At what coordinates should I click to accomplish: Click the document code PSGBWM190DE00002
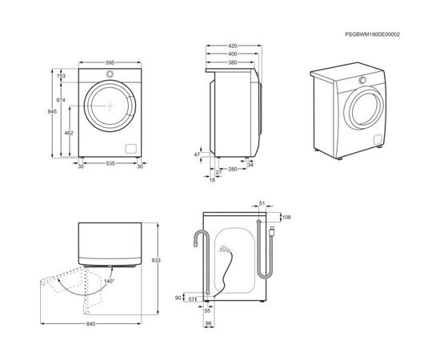point(372,34)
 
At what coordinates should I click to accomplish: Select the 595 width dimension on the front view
point(110,62)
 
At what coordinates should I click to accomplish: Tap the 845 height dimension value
point(52,111)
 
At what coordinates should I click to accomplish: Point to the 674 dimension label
point(61,100)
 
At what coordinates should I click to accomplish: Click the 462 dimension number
point(69,133)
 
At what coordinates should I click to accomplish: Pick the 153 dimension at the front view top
point(61,76)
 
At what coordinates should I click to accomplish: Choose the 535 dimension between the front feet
point(110,163)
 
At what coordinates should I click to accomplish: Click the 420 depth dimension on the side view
point(233,46)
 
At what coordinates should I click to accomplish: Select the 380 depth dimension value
point(233,62)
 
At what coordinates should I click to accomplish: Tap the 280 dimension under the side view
point(233,169)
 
